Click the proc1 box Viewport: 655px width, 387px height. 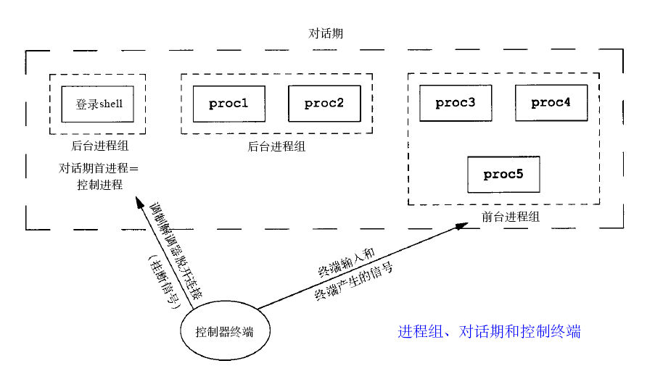click(x=228, y=104)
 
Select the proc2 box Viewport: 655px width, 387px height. click(x=324, y=104)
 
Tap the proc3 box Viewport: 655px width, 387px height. click(x=456, y=103)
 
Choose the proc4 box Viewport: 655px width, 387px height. click(x=551, y=103)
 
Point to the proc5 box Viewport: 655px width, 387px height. click(x=503, y=175)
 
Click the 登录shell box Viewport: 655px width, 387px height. click(x=99, y=104)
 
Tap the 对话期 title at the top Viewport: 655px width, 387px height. click(x=326, y=33)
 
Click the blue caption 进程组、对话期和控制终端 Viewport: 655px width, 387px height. click(x=489, y=332)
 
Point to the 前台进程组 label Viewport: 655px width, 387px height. click(x=511, y=217)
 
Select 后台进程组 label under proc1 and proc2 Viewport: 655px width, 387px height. click(x=276, y=146)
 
